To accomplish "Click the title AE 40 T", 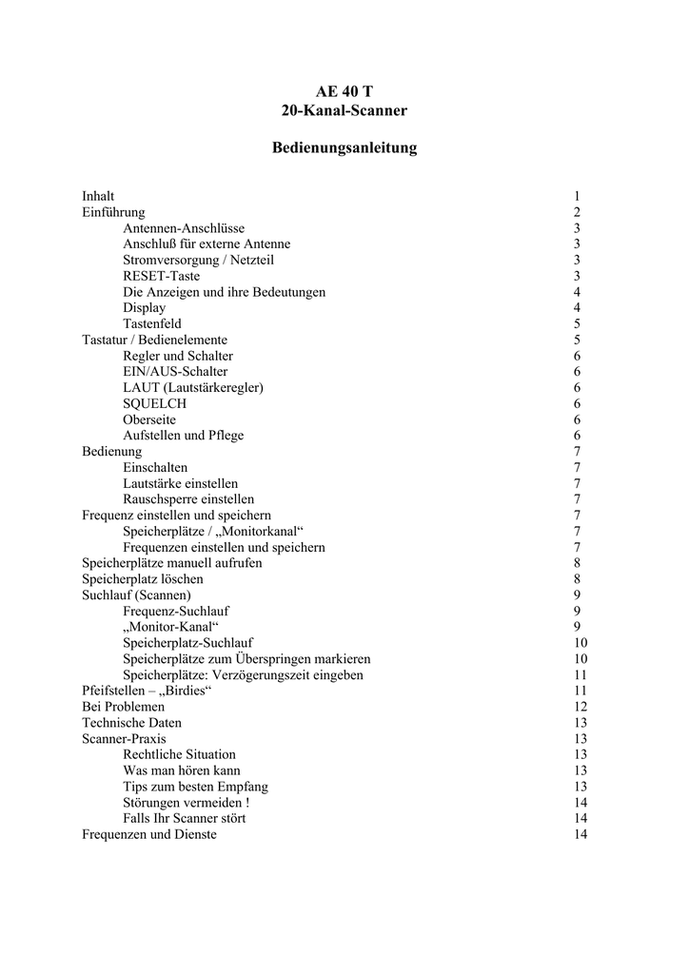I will (344, 91).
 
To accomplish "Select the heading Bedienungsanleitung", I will (344, 148).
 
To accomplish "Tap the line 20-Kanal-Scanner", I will (344, 111).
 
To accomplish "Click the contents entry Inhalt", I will (98, 196).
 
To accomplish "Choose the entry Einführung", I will (113, 212).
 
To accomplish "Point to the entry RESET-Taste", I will (161, 276).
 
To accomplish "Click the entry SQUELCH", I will (154, 403).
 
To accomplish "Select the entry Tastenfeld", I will (151, 323).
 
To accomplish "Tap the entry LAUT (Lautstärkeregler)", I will (193, 387).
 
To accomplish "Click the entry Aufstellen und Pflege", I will (183, 436).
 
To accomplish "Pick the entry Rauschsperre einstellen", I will (188, 499).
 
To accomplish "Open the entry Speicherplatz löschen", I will (143, 578).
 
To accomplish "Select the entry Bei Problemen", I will (123, 707).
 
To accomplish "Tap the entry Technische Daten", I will (131, 723).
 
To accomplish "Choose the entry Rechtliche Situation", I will (179, 754).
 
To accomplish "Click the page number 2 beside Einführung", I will (577, 212).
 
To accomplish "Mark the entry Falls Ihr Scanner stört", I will (185, 818).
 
